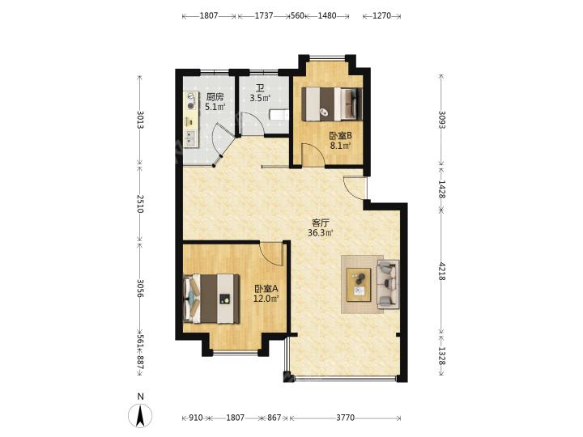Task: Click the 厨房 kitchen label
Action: [215, 97]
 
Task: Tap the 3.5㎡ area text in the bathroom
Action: [260, 99]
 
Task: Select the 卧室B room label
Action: [341, 136]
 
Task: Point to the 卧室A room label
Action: [266, 289]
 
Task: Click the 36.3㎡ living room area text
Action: [320, 233]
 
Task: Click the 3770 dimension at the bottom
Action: [346, 418]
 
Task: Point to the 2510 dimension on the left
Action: [140, 204]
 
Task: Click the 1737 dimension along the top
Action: [264, 15]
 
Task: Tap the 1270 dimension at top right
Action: [382, 15]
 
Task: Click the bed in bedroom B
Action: [331, 104]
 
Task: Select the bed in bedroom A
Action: [211, 299]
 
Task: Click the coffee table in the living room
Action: [359, 285]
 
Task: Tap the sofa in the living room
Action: [388, 285]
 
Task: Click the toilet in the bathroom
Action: [279, 115]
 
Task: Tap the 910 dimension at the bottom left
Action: [196, 418]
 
